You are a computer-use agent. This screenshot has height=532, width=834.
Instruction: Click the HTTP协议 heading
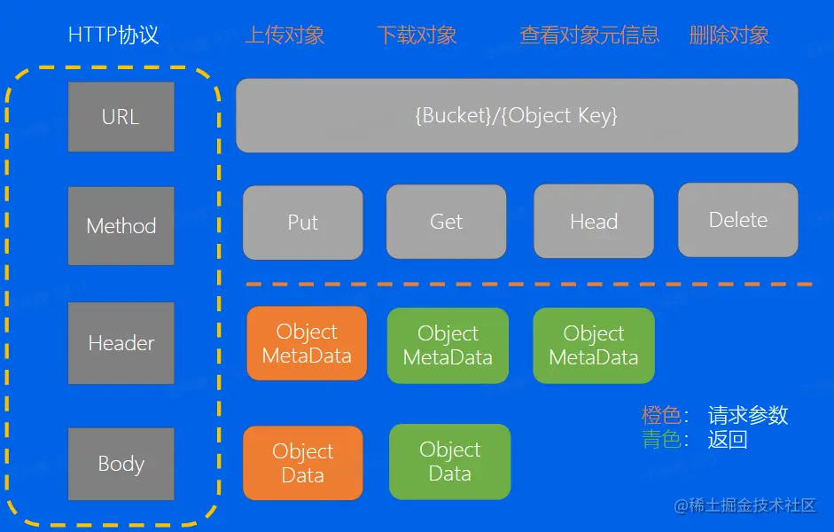point(113,35)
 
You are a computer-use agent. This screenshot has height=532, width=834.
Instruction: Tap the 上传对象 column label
point(284,35)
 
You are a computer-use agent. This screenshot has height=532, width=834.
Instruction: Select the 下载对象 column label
point(417,35)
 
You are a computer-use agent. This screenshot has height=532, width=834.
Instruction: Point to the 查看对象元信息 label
point(589,35)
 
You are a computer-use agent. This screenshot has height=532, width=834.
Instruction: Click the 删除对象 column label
point(729,35)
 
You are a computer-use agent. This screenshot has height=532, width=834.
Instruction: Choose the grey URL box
point(121,117)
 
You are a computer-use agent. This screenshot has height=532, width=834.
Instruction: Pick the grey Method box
point(121,226)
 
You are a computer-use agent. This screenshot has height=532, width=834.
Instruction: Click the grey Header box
point(121,343)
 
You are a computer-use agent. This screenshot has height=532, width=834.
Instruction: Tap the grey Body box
point(121,464)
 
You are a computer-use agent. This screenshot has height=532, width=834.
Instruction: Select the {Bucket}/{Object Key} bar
point(517,115)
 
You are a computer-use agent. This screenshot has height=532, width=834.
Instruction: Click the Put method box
point(303,223)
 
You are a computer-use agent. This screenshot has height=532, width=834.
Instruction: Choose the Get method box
point(447,223)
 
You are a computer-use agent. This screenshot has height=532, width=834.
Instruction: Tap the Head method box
point(594,223)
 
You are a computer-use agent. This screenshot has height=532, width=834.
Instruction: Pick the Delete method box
point(738,220)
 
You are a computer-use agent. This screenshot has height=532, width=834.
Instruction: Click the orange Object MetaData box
point(307,343)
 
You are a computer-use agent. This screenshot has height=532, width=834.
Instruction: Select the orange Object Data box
point(303,463)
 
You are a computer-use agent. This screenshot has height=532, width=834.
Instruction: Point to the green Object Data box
point(450,461)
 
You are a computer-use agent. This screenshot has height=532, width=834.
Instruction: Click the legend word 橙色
point(661,415)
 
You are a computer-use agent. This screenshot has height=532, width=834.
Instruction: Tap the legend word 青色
point(661,439)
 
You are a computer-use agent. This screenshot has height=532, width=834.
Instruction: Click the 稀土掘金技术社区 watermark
point(744,505)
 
